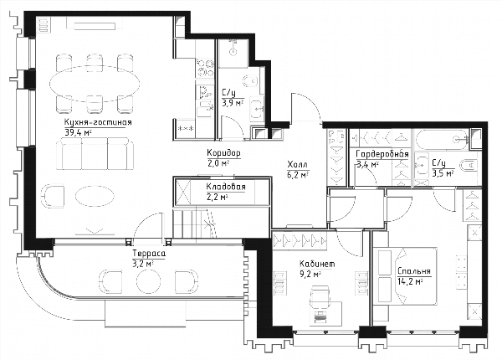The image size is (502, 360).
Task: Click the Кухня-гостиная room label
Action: point(98,123)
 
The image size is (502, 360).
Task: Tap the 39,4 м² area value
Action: point(79,133)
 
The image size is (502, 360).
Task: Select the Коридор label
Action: point(223,153)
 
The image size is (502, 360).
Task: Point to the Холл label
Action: point(298,165)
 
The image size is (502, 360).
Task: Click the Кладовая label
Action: point(226,187)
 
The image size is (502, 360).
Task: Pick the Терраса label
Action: point(149,254)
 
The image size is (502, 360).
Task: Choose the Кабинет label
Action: point(317,264)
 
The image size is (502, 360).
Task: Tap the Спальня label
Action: point(414,271)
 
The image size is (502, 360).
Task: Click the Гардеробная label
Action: point(382,154)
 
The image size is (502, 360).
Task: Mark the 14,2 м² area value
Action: point(411,282)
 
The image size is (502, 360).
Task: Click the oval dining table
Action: point(95,84)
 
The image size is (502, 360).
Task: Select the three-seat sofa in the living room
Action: point(95,153)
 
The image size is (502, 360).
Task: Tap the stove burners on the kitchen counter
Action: point(205,68)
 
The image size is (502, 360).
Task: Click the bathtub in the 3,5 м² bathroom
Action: point(442,140)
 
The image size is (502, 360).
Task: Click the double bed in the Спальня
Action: point(405,276)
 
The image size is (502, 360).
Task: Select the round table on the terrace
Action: point(149,281)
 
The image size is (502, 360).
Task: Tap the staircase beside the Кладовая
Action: point(195,223)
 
